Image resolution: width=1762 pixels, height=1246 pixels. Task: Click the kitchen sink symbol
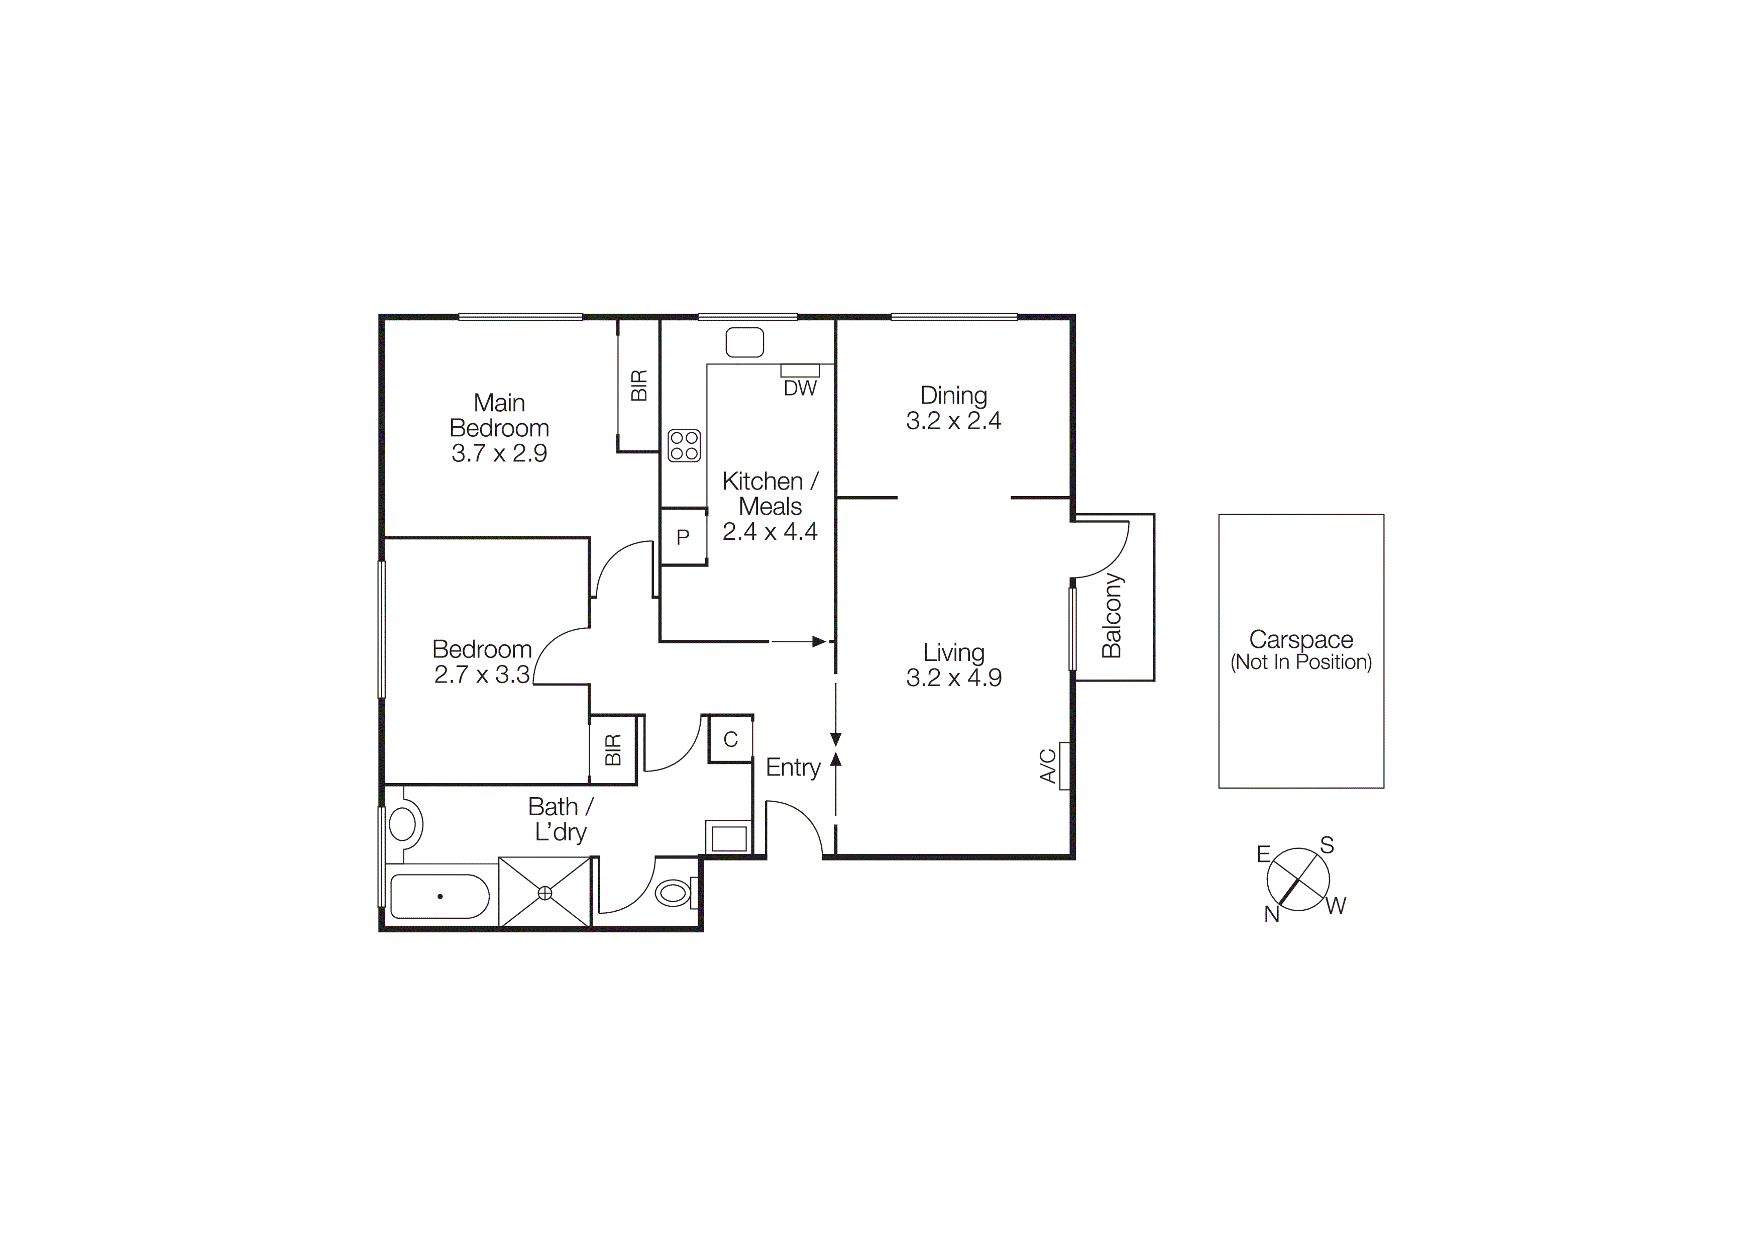pos(744,342)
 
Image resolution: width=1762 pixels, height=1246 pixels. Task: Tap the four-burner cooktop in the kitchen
pos(685,445)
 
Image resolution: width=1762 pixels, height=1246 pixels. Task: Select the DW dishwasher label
pos(800,389)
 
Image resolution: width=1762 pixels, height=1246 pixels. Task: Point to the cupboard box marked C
pos(730,739)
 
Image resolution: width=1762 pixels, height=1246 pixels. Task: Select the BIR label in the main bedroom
pos(638,386)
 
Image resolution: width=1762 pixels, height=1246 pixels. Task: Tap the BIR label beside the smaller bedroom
pos(612,750)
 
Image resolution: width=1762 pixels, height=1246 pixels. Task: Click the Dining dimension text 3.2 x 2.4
pos(953,421)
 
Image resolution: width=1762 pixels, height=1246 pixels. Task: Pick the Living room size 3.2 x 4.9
pos(953,677)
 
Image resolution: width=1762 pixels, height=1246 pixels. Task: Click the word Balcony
pos(1112,616)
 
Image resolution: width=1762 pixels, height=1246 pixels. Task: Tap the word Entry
pos(793,767)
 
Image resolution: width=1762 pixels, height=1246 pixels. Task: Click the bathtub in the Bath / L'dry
pos(439,896)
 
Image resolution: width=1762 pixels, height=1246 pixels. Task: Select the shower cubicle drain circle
pos(545,893)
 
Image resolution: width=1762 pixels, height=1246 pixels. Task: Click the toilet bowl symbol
pos(673,893)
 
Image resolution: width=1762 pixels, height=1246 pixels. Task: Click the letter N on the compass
pos(1272,914)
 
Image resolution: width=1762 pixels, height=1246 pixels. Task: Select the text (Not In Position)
pos(1301,662)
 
